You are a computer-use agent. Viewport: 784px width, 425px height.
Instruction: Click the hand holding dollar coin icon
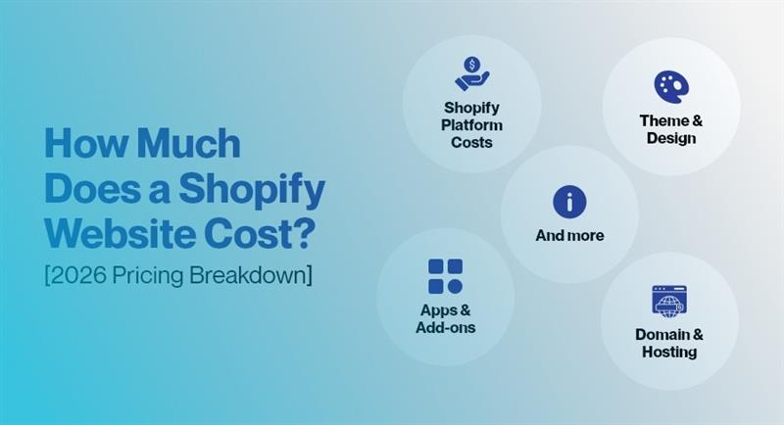click(471, 74)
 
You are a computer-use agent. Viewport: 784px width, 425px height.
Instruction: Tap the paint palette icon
click(670, 86)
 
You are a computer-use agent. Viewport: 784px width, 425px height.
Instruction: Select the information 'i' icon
click(569, 202)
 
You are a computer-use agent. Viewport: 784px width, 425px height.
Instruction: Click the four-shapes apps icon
click(445, 276)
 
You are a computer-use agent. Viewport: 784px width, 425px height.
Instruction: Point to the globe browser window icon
click(668, 300)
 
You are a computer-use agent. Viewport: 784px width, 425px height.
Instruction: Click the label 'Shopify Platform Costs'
click(471, 125)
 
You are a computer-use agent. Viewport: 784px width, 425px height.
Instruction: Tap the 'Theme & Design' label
click(670, 129)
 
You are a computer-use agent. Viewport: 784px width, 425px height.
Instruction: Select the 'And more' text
click(569, 236)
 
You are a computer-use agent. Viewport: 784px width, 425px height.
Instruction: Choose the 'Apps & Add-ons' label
click(445, 319)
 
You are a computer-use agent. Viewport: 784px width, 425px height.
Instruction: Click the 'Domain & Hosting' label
click(668, 343)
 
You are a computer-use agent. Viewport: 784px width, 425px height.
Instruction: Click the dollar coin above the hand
click(472, 66)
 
